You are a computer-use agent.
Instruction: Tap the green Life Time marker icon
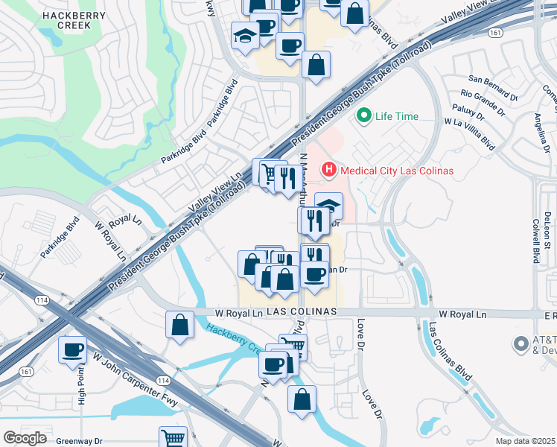(x=364, y=115)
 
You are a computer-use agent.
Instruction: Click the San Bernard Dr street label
(x=492, y=78)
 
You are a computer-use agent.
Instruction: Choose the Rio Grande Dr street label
(x=488, y=95)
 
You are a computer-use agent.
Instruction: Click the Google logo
(x=25, y=438)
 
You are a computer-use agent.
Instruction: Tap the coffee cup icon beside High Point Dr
(x=73, y=349)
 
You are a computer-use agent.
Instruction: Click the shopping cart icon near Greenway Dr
(x=173, y=437)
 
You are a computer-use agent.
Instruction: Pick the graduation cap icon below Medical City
(x=328, y=206)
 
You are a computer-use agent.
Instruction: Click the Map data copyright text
(x=525, y=441)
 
